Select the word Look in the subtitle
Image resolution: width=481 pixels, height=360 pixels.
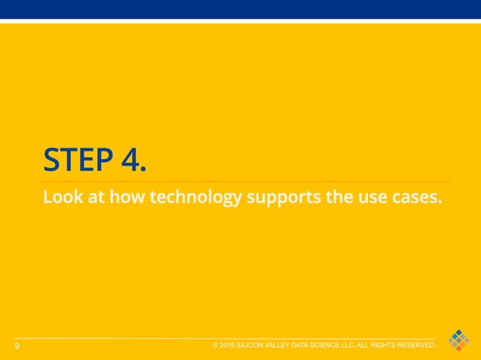pyautogui.click(x=60, y=198)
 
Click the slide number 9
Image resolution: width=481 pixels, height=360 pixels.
pyautogui.click(x=17, y=346)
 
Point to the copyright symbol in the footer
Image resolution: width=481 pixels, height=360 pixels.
pyautogui.click(x=216, y=345)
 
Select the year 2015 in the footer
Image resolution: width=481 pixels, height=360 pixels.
pyautogui.click(x=228, y=345)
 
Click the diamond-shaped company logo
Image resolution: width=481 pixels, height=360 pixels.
pyautogui.click(x=458, y=340)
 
